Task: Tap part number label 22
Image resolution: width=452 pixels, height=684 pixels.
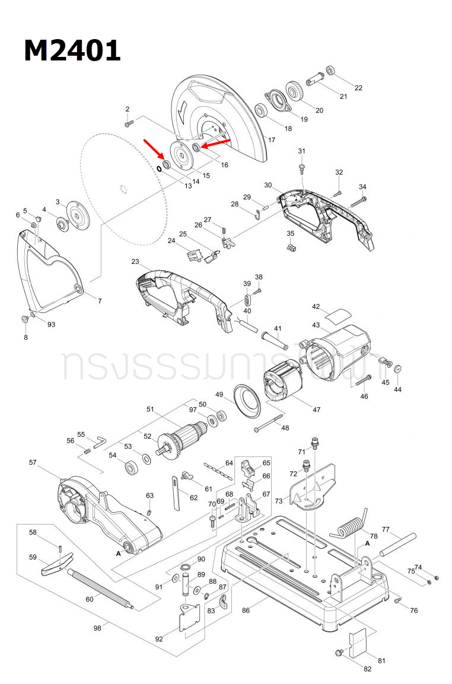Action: (x=358, y=88)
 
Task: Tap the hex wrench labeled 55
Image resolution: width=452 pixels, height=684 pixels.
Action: (x=99, y=441)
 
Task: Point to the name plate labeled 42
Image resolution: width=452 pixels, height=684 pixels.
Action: (x=340, y=314)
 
